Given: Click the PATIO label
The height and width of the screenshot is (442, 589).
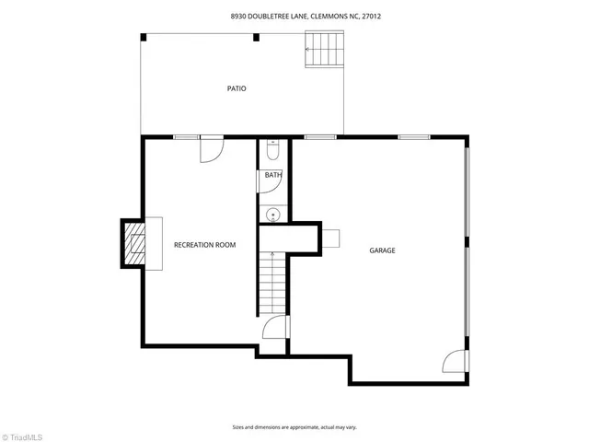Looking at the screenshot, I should (237, 88).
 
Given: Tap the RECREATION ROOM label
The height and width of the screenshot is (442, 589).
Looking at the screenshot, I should (205, 245).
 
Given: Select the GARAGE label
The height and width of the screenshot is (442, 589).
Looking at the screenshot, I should (382, 250).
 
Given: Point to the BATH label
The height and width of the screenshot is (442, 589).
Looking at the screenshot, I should (273, 175).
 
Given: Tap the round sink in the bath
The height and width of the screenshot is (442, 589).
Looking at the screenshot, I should (272, 215).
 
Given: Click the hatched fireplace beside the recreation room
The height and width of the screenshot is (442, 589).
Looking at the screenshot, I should (134, 244).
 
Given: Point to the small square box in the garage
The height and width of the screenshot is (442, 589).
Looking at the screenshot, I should (330, 238).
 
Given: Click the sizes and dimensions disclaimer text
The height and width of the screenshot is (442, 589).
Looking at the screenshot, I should (294, 427).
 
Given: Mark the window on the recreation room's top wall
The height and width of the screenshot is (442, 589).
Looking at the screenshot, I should (187, 137).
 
